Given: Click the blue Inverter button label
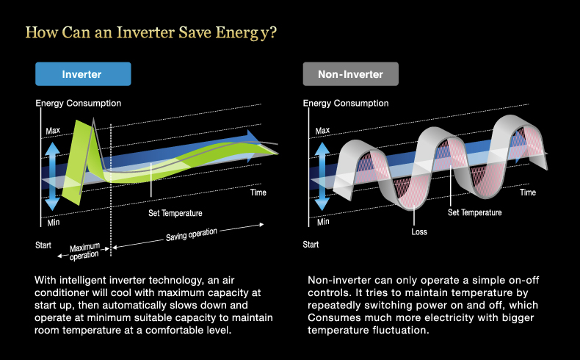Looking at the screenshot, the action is click(81, 74).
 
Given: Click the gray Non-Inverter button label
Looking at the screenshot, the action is click(350, 74).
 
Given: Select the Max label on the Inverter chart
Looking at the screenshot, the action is click(53, 131).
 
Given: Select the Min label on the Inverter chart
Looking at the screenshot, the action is click(54, 223).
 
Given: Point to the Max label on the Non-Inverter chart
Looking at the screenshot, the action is click(322, 131).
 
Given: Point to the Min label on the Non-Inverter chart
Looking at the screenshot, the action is click(323, 222).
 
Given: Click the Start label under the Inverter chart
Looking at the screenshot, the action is click(43, 245).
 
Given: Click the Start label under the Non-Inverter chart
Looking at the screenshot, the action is click(311, 244).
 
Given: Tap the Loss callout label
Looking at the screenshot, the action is click(419, 232).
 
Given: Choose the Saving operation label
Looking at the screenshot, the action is click(191, 234).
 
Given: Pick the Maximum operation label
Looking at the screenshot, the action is click(84, 251).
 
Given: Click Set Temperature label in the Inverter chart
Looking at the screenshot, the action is click(175, 213).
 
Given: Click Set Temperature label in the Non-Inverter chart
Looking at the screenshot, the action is click(474, 212).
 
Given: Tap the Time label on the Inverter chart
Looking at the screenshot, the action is click(258, 192).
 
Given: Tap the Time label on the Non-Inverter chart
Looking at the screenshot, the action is click(528, 192).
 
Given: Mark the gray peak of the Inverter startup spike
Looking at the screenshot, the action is click(93, 118).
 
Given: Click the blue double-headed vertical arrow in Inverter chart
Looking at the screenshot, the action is click(52, 176).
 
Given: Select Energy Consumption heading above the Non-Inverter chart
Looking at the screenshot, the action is click(346, 104).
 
